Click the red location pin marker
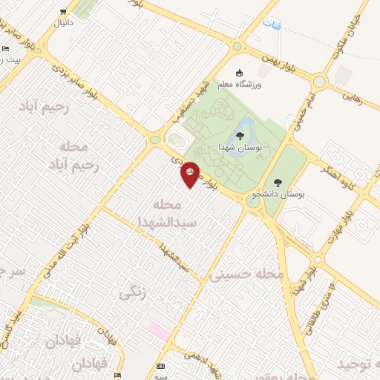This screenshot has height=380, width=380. [191, 174]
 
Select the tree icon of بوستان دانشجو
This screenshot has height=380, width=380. [278, 182]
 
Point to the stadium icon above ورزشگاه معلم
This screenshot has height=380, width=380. [239, 73]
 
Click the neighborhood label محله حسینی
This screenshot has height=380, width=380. [247, 275]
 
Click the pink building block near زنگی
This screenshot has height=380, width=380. [157, 329]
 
